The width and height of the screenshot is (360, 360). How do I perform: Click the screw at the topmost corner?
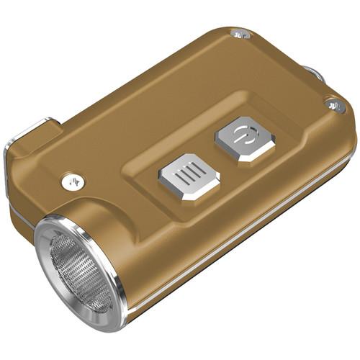pos(240,33)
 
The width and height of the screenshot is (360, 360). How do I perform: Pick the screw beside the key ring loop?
pos(334,105)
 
